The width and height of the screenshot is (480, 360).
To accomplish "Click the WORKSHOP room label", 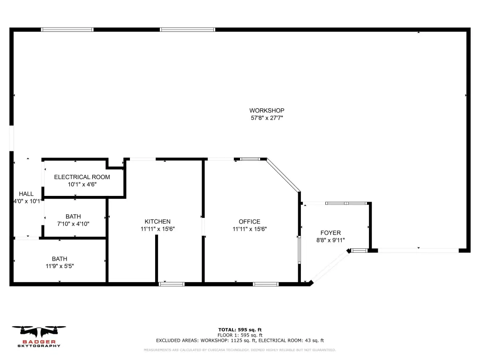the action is tap(267, 111).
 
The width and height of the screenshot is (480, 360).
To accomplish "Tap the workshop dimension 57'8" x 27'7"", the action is tap(267, 118).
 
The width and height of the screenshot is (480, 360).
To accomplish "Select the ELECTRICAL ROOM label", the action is tap(82, 177).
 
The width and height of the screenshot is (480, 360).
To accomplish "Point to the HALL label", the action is tap(26, 194).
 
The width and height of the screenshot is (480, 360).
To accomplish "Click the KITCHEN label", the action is tap(157, 221).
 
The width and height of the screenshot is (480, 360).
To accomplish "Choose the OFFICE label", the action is tap(249, 221).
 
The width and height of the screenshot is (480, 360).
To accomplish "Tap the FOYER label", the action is tap(330, 232).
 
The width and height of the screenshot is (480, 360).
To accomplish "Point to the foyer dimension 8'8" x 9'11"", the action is tap(330, 240).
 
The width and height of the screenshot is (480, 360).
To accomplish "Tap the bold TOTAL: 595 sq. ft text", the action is tap(240, 330).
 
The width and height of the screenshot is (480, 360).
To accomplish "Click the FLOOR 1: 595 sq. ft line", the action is tap(240, 335).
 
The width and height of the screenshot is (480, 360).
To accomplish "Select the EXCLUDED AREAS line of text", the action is tap(240, 340).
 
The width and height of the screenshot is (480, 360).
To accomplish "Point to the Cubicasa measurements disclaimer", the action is tap(240, 350).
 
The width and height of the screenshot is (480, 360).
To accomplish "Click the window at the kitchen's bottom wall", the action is tap(172, 285).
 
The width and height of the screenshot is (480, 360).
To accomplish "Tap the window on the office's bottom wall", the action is tap(266, 285).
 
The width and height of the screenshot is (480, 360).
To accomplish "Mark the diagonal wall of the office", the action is tap(284, 175).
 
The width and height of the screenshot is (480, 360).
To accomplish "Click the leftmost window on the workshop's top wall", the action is tap(67, 30).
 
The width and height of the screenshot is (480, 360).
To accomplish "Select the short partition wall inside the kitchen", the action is tap(157, 259).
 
